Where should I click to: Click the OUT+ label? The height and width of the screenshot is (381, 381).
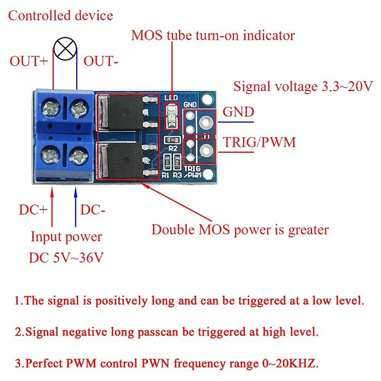[28, 61]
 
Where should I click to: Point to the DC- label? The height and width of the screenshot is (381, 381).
[92, 210]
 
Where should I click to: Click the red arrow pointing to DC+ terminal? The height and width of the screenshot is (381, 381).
[52, 205]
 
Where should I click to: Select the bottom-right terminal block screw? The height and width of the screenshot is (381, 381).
[77, 156]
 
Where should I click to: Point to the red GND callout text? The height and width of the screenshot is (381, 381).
[239, 112]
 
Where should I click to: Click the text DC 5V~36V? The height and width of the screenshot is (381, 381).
[66, 258]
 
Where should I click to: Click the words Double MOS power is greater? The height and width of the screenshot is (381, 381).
[240, 230]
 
